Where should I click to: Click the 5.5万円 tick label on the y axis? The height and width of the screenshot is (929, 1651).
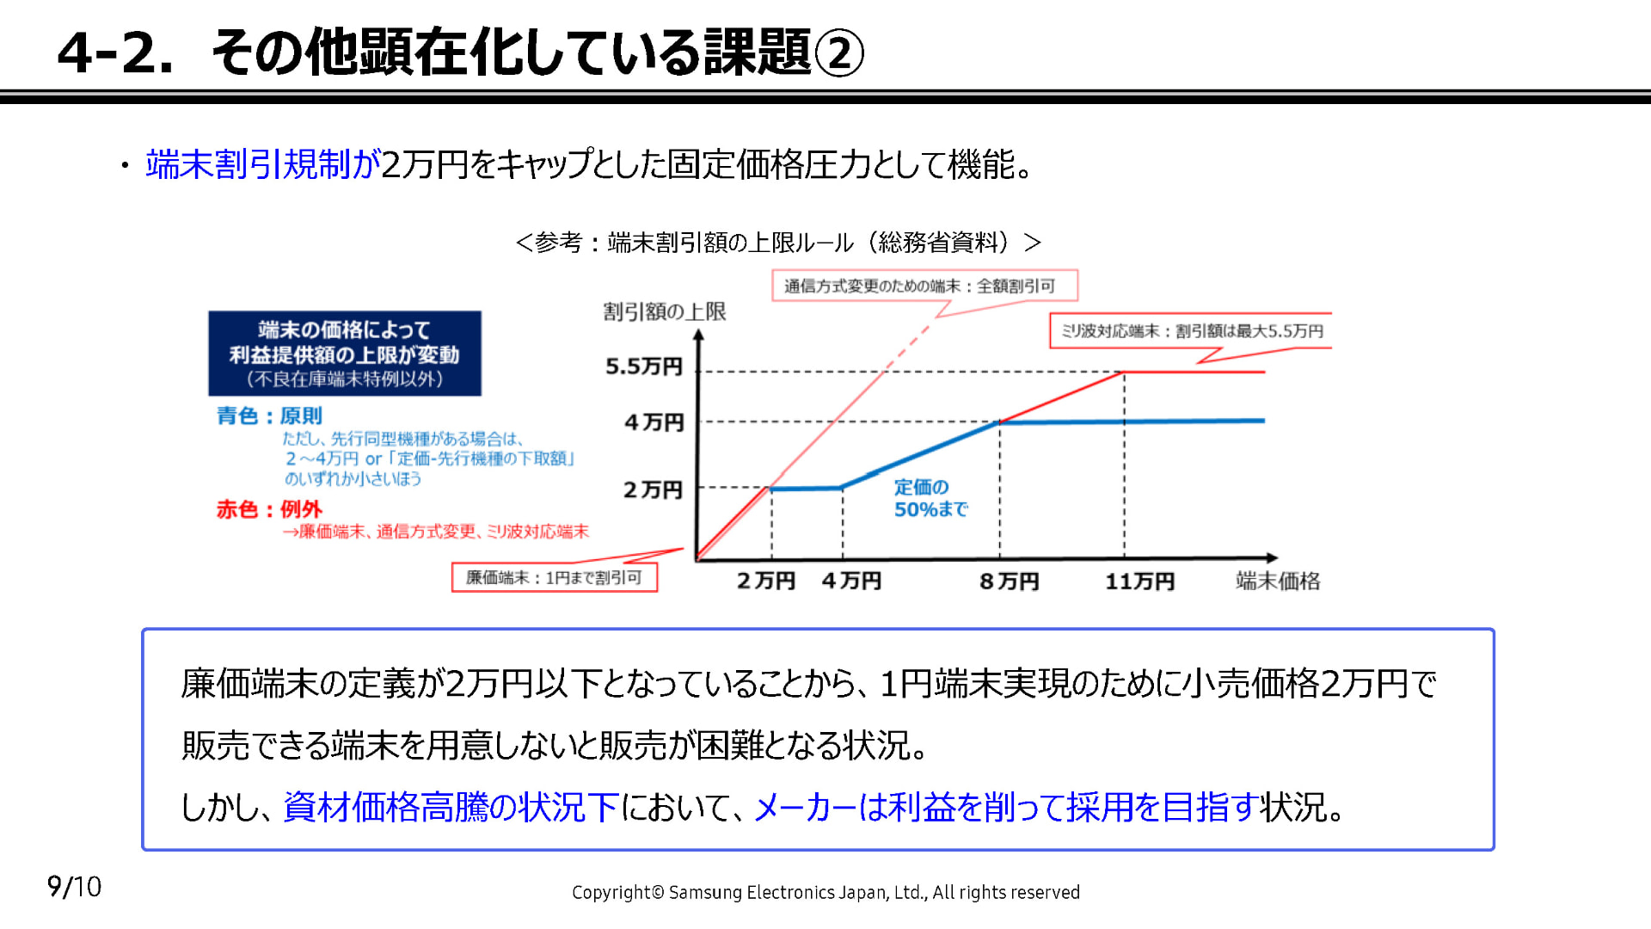[643, 366]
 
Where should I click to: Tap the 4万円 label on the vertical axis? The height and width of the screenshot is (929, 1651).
[654, 422]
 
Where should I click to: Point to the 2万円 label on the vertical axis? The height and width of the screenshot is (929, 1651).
[653, 490]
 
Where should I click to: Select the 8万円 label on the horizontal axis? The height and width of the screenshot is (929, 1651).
[1009, 581]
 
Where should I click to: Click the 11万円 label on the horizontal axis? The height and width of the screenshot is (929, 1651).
[1139, 581]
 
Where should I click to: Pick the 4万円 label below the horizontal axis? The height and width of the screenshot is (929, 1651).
[851, 581]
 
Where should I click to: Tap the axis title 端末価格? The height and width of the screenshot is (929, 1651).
[1277, 581]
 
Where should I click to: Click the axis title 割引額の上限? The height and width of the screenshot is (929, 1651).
[664, 311]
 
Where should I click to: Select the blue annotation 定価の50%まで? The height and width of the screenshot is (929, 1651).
[930, 498]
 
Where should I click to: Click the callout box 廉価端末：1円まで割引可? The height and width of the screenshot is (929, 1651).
[554, 577]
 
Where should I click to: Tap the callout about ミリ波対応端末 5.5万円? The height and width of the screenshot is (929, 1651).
[1191, 331]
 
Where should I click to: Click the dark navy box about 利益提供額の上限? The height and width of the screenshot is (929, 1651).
[344, 354]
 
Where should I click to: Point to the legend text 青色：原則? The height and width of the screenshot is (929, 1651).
[269, 416]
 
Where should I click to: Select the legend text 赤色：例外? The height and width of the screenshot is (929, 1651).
[269, 509]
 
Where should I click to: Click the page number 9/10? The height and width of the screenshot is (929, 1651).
[74, 887]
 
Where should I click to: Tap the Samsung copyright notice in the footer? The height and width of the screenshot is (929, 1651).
[825, 893]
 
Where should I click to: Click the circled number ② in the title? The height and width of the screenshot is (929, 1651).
[838, 53]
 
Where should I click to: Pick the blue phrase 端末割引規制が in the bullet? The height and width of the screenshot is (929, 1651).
[262, 164]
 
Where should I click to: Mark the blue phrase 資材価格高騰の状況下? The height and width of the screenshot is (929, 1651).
[451, 807]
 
